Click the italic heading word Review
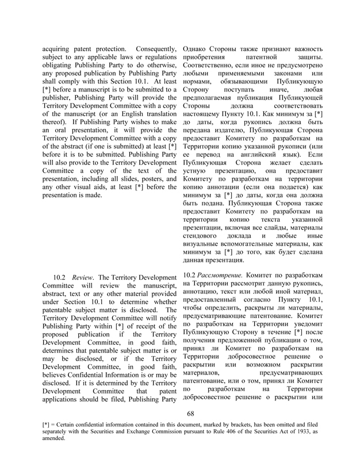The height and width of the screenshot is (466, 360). (83, 278)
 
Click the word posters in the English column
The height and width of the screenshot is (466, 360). (147, 177)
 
